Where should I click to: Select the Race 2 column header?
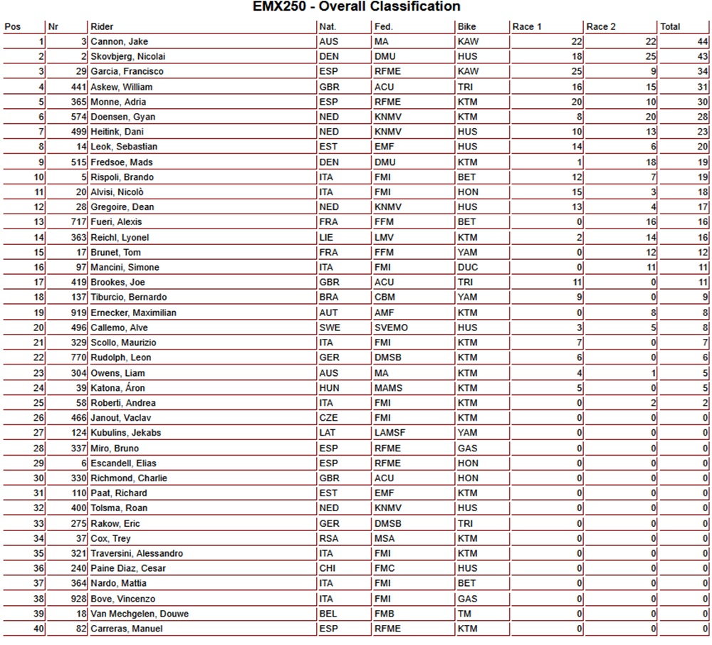[601, 27]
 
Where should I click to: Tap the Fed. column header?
[383, 27]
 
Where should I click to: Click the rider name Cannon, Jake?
[119, 42]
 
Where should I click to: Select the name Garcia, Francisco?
[127, 72]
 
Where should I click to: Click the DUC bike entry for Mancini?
[468, 268]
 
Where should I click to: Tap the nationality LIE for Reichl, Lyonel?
[326, 238]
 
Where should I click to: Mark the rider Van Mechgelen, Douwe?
[140, 614]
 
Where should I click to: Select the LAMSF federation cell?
[390, 433]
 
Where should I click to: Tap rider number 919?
[78, 313]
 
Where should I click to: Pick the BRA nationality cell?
[329, 298]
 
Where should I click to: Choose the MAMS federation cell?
[388, 388]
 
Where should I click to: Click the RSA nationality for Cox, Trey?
[329, 539]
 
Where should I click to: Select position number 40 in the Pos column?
[38, 629]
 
